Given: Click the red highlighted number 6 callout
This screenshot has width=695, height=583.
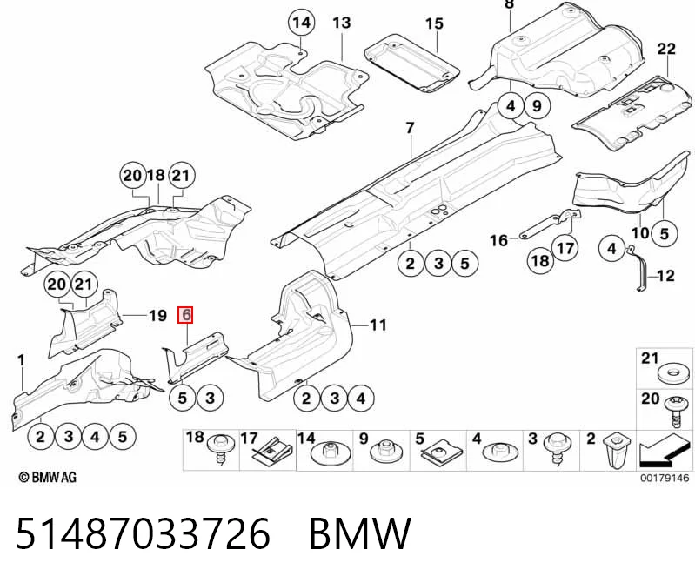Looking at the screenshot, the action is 185,315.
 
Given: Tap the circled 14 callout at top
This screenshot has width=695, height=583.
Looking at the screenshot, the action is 302,22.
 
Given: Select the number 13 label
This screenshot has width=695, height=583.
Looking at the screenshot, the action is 342,23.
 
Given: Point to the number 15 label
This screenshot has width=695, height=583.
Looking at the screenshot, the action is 434,23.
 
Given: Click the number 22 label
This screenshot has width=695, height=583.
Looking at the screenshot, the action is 666,49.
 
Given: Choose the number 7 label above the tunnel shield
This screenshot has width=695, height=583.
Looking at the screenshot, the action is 410,128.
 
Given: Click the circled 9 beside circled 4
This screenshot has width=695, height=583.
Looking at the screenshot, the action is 537,106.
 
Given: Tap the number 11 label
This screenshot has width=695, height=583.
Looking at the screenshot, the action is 378,325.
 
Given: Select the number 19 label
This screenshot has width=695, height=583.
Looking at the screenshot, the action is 157,316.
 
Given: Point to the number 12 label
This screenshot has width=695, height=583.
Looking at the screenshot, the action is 665,276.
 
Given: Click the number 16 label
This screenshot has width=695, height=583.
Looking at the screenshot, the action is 498,240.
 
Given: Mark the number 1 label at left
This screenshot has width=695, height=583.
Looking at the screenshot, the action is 21,360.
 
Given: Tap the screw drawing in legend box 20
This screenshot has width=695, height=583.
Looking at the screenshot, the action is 675,412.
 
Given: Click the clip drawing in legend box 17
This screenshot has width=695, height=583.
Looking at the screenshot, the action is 270,453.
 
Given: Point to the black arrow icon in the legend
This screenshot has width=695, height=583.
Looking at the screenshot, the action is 665,452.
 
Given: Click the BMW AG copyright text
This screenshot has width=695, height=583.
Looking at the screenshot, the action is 48,478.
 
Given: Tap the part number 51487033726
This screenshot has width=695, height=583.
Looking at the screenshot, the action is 143,533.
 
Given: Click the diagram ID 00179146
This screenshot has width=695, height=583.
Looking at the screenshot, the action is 665,478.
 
